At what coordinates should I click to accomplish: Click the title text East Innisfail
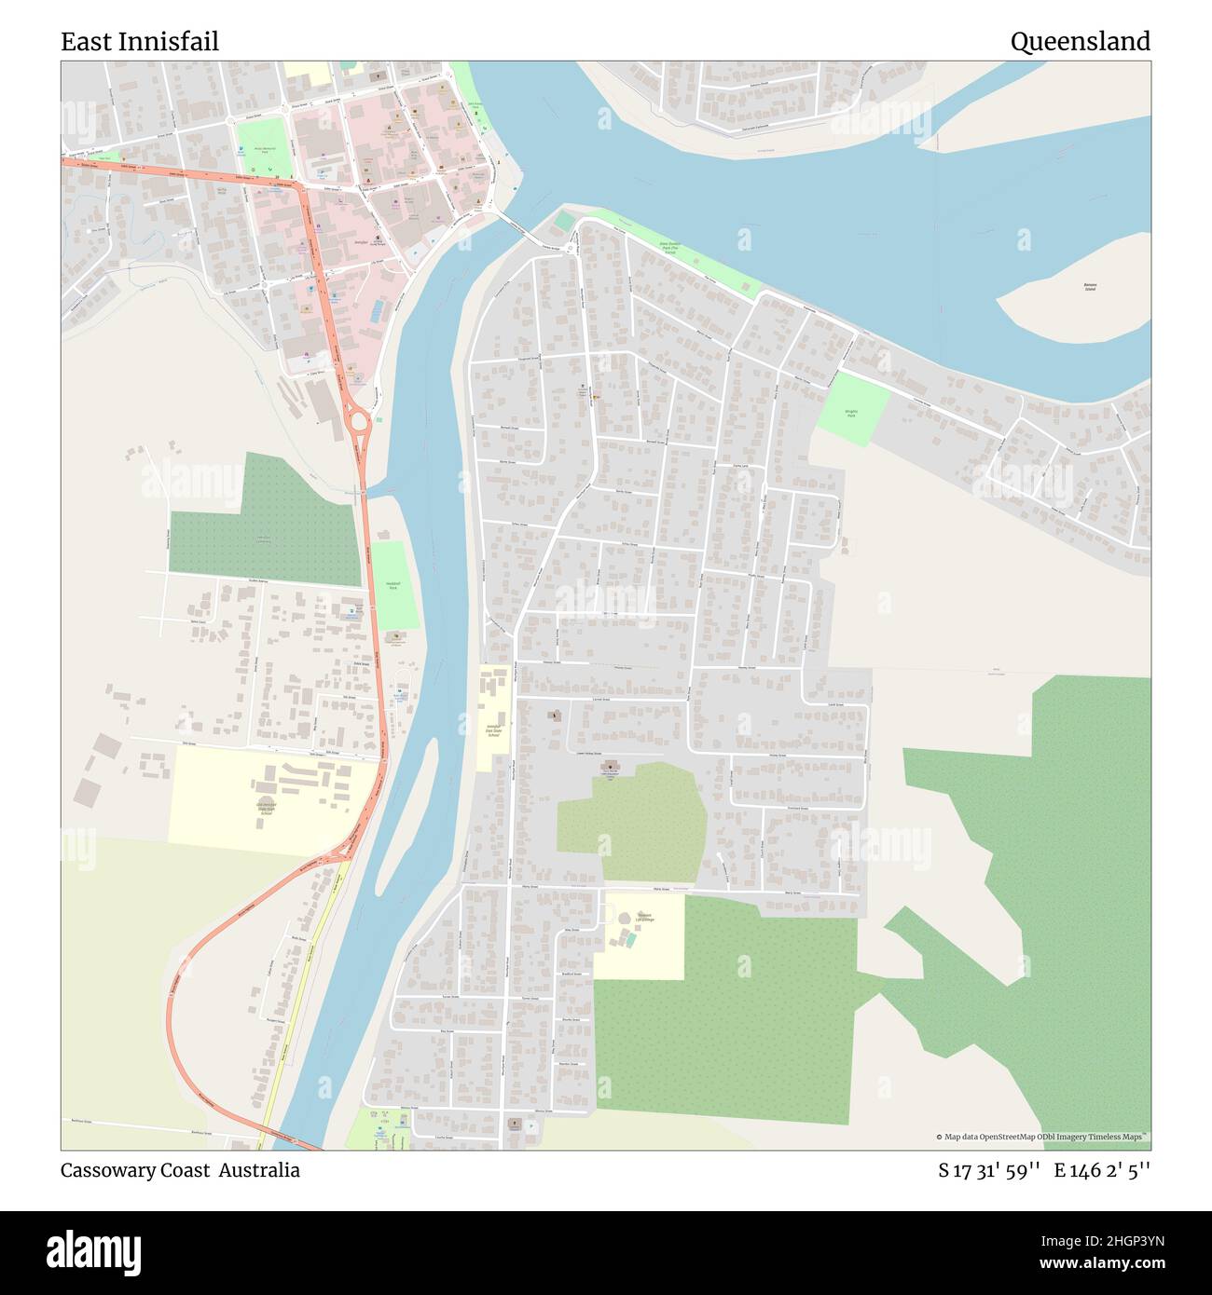[140, 42]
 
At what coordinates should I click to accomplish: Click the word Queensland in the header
[1080, 42]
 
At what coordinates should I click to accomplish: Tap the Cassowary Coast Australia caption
[180, 1170]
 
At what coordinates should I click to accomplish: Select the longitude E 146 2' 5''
[1102, 1170]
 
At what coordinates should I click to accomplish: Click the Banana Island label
[1090, 287]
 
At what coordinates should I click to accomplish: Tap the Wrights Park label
[850, 413]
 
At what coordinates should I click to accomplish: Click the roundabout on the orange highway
[357, 424]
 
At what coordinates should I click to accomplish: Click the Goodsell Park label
[393, 586]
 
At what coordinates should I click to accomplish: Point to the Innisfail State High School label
[267, 807]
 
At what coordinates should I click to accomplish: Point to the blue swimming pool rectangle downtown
[377, 310]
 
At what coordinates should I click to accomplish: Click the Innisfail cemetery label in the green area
[264, 539]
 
